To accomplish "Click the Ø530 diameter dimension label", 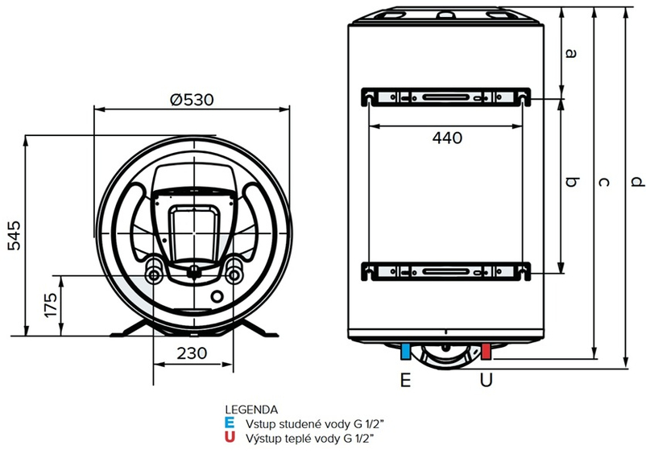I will pyautogui.click(x=192, y=100).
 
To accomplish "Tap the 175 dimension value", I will pyautogui.click(x=50, y=305).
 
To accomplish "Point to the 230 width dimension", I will pyautogui.click(x=192, y=353).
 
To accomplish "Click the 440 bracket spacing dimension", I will pyautogui.click(x=446, y=138).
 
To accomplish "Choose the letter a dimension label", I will pyautogui.click(x=571, y=54).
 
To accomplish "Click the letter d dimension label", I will pyautogui.click(x=637, y=183).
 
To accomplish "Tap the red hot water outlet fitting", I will pyautogui.click(x=486, y=352).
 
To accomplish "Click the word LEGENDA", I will pyautogui.click(x=252, y=409).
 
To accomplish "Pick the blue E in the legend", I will pyautogui.click(x=230, y=423).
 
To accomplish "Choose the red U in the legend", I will pyautogui.click(x=230, y=437).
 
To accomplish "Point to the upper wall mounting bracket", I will pyautogui.click(x=446, y=96).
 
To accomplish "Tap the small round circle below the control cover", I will pyautogui.click(x=217, y=298).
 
